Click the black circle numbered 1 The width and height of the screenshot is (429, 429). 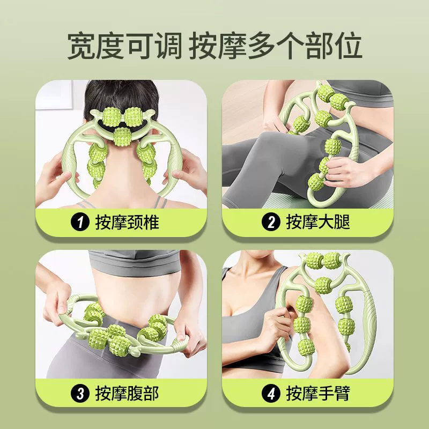[x=80, y=222]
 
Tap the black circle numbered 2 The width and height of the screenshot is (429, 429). [x=271, y=222]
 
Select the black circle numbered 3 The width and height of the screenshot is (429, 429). [x=80, y=394]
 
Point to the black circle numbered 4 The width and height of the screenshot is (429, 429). [x=271, y=394]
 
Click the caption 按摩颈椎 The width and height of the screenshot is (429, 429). [x=127, y=222]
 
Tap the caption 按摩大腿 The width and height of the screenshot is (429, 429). [x=318, y=222]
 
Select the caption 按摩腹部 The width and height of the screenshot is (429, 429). [x=127, y=394]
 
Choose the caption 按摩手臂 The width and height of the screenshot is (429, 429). [x=318, y=394]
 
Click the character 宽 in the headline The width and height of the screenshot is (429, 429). [x=82, y=46]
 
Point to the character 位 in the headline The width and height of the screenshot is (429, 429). [x=347, y=46]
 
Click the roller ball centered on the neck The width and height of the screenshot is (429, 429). [x=122, y=137]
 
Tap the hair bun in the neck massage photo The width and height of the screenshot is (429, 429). [x=122, y=96]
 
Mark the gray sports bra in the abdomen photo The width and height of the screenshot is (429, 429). [x=134, y=262]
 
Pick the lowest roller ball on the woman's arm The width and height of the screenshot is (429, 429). [x=305, y=347]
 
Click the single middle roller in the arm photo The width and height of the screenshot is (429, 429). [x=323, y=285]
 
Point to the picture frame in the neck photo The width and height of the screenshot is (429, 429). [x=54, y=94]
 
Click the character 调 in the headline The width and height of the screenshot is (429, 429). [x=168, y=46]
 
